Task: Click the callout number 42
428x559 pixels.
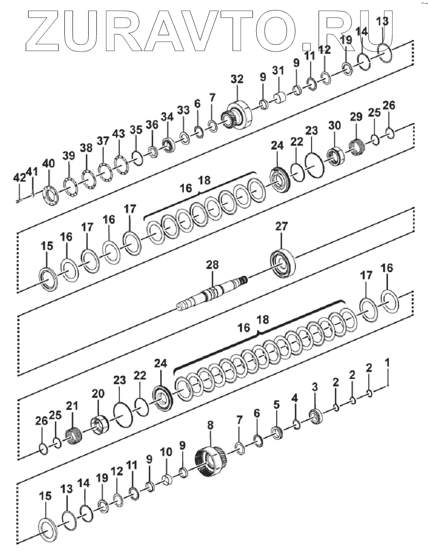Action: [x=20, y=178]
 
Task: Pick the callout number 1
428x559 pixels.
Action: [x=387, y=363]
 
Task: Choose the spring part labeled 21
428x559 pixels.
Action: [x=73, y=436]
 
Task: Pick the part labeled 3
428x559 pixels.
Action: [x=314, y=416]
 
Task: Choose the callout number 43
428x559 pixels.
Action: [x=118, y=133]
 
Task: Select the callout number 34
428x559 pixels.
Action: [x=167, y=116]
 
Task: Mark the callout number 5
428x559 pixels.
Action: [x=277, y=405]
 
